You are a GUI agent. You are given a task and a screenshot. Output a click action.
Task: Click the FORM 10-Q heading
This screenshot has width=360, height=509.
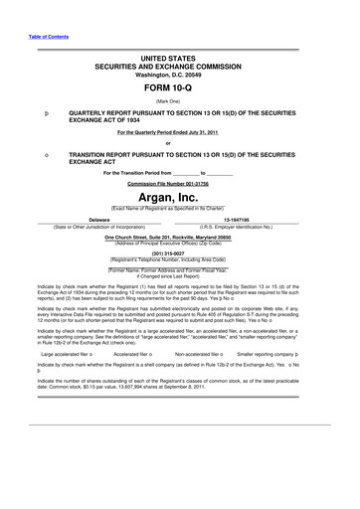point(180,87)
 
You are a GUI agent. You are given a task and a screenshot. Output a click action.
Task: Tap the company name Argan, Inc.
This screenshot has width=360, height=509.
point(180,199)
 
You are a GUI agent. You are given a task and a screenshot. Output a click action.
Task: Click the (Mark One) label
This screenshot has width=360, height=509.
point(180,101)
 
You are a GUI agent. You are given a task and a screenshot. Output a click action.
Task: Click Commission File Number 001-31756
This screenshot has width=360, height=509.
point(180,184)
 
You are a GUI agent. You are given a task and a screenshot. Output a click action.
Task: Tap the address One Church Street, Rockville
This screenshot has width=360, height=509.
point(180,238)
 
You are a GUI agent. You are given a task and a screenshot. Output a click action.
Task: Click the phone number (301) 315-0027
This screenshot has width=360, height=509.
point(180,252)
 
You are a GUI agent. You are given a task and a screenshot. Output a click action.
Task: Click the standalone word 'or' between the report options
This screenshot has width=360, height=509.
point(180,144)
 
